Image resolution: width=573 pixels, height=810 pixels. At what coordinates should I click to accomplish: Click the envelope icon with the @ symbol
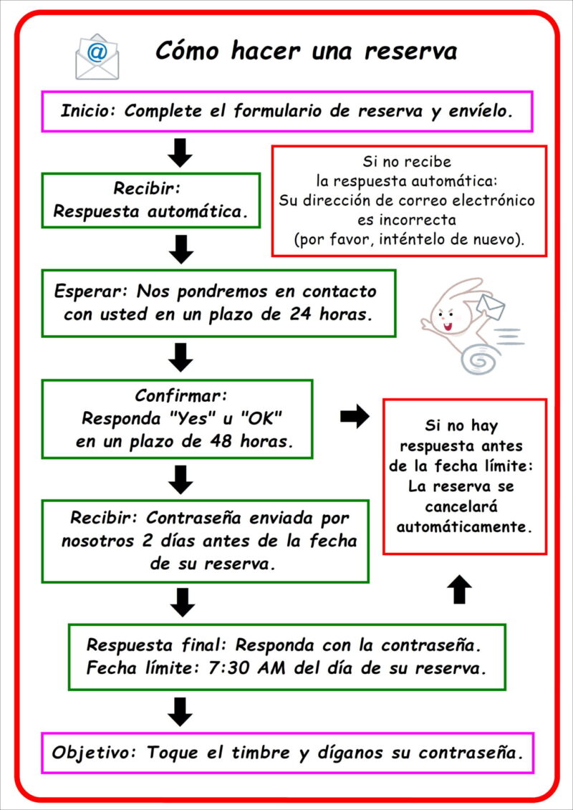(97, 57)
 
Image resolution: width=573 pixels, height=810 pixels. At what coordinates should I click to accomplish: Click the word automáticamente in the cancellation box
(465, 526)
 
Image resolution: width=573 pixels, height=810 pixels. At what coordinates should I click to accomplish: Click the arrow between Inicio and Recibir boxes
(182, 152)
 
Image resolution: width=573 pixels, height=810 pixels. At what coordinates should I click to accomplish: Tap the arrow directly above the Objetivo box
(182, 711)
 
